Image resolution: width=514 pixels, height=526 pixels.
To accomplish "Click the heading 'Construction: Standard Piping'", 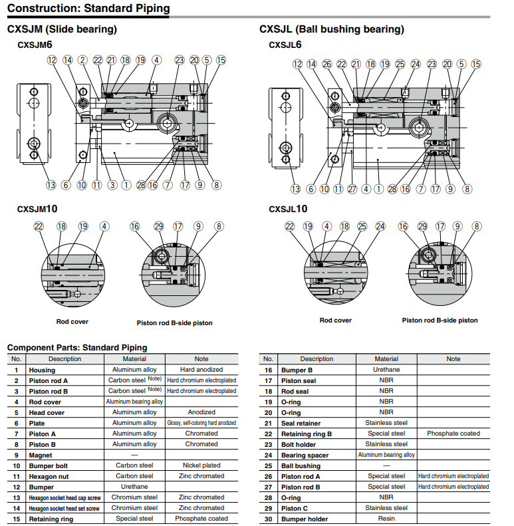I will [x=88, y=9].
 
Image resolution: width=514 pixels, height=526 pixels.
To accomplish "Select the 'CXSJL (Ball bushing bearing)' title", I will [x=331, y=29].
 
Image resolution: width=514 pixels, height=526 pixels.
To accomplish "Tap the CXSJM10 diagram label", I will [x=37, y=209].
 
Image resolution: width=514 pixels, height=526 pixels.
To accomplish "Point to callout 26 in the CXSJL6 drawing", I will [x=326, y=64].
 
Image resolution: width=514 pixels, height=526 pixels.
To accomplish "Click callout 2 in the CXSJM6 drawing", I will [x=82, y=60].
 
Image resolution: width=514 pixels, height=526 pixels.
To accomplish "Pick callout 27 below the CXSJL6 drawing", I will [x=352, y=189].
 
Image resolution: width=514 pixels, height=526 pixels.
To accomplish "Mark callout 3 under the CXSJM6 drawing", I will [x=112, y=185].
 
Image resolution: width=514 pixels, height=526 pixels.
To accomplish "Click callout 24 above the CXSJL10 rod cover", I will [x=380, y=226].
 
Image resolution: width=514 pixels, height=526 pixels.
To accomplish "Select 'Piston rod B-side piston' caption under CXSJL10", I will [x=440, y=321].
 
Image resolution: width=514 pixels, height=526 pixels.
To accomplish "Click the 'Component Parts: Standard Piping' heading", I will [x=77, y=347].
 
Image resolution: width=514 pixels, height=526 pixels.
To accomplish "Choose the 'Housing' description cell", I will [x=42, y=370].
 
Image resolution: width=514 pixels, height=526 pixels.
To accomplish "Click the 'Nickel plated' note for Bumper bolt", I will [x=201, y=465].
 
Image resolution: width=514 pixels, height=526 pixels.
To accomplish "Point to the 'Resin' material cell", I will [x=386, y=519].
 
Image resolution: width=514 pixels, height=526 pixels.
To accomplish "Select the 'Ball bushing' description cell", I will [x=301, y=465].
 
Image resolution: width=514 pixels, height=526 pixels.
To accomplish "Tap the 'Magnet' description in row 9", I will [x=41, y=455].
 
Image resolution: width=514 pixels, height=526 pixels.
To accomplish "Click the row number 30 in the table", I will [x=269, y=519].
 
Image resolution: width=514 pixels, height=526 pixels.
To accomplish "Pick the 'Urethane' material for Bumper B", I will [x=386, y=370].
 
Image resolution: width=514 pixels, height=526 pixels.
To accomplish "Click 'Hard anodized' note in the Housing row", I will [x=201, y=370].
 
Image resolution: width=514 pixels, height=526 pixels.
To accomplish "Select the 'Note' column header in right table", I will [x=453, y=359].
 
